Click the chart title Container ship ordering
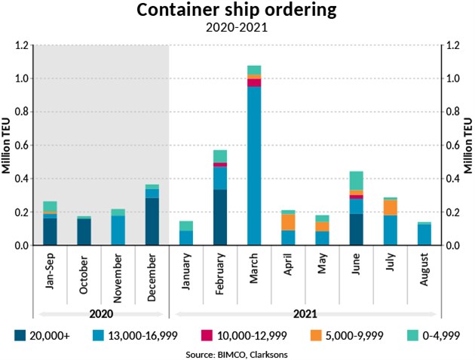pyautogui.click(x=237, y=11)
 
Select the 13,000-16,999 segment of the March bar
pyautogui.click(x=254, y=166)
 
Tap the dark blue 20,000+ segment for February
pyautogui.click(x=220, y=217)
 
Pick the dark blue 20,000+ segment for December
pyautogui.click(x=152, y=222)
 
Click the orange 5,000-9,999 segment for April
pyautogui.click(x=288, y=222)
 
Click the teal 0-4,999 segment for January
pyautogui.click(x=186, y=226)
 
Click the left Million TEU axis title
pyautogui.click(x=7, y=145)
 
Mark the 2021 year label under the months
pyautogui.click(x=305, y=312)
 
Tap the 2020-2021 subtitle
pyautogui.click(x=237, y=29)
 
